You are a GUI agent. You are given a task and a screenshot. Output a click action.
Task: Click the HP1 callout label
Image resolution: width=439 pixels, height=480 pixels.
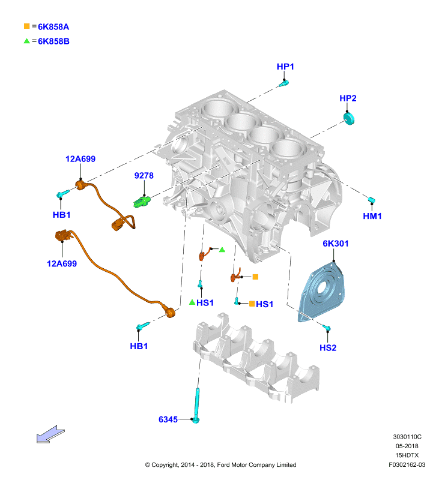tap(285, 67)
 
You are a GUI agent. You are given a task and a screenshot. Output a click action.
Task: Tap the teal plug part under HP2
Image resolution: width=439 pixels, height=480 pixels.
tap(349, 118)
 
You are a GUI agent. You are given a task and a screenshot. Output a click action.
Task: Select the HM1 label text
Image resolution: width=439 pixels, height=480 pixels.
tap(372, 216)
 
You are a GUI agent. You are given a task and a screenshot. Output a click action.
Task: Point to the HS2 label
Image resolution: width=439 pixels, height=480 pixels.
tap(328, 347)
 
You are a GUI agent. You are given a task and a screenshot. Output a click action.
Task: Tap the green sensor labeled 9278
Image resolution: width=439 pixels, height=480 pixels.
tap(142, 201)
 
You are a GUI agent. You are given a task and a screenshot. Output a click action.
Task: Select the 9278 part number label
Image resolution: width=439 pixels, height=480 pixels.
tap(144, 175)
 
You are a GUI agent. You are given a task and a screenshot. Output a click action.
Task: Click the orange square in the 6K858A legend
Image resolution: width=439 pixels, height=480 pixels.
tap(27, 26)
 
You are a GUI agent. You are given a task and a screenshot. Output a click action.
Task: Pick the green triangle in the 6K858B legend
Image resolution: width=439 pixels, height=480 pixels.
tap(27, 41)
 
